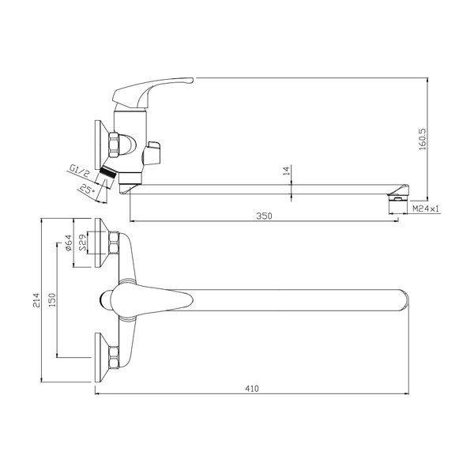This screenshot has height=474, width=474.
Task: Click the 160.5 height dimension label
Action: coord(423,139)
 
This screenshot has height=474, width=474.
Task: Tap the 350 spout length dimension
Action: coord(264,216)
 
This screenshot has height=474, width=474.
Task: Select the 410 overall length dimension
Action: coord(252,389)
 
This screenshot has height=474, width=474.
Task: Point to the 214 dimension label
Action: coord(36,300)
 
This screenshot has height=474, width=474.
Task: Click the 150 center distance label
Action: coord(52,300)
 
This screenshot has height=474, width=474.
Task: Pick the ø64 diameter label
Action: coord(68,243)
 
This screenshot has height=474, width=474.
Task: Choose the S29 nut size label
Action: coord(82,243)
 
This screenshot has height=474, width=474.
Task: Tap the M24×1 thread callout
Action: coord(426,208)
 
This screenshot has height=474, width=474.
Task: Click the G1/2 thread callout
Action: coord(79,170)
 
